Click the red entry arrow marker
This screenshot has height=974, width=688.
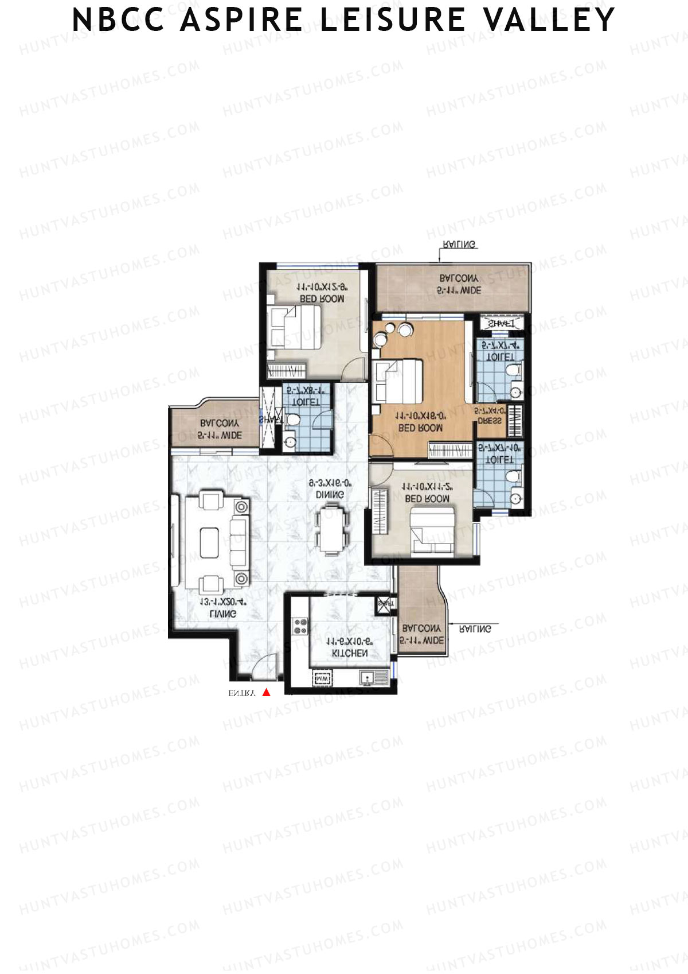pyautogui.click(x=266, y=693)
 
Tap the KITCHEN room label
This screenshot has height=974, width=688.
pyautogui.click(x=350, y=653)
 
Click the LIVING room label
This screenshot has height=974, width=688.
pyautogui.click(x=222, y=614)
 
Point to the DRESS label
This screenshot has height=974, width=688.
pyautogui.click(x=489, y=421)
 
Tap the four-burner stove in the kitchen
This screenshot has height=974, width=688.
pyautogui.click(x=300, y=626)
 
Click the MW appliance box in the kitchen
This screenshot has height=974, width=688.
pyautogui.click(x=322, y=679)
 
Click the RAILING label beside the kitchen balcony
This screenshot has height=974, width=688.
pyautogui.click(x=476, y=629)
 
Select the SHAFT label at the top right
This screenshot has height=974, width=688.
pyautogui.click(x=500, y=324)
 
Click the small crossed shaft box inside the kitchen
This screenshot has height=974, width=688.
pyautogui.click(x=383, y=604)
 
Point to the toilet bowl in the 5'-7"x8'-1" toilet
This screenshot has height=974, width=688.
pyautogui.click(x=292, y=420)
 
